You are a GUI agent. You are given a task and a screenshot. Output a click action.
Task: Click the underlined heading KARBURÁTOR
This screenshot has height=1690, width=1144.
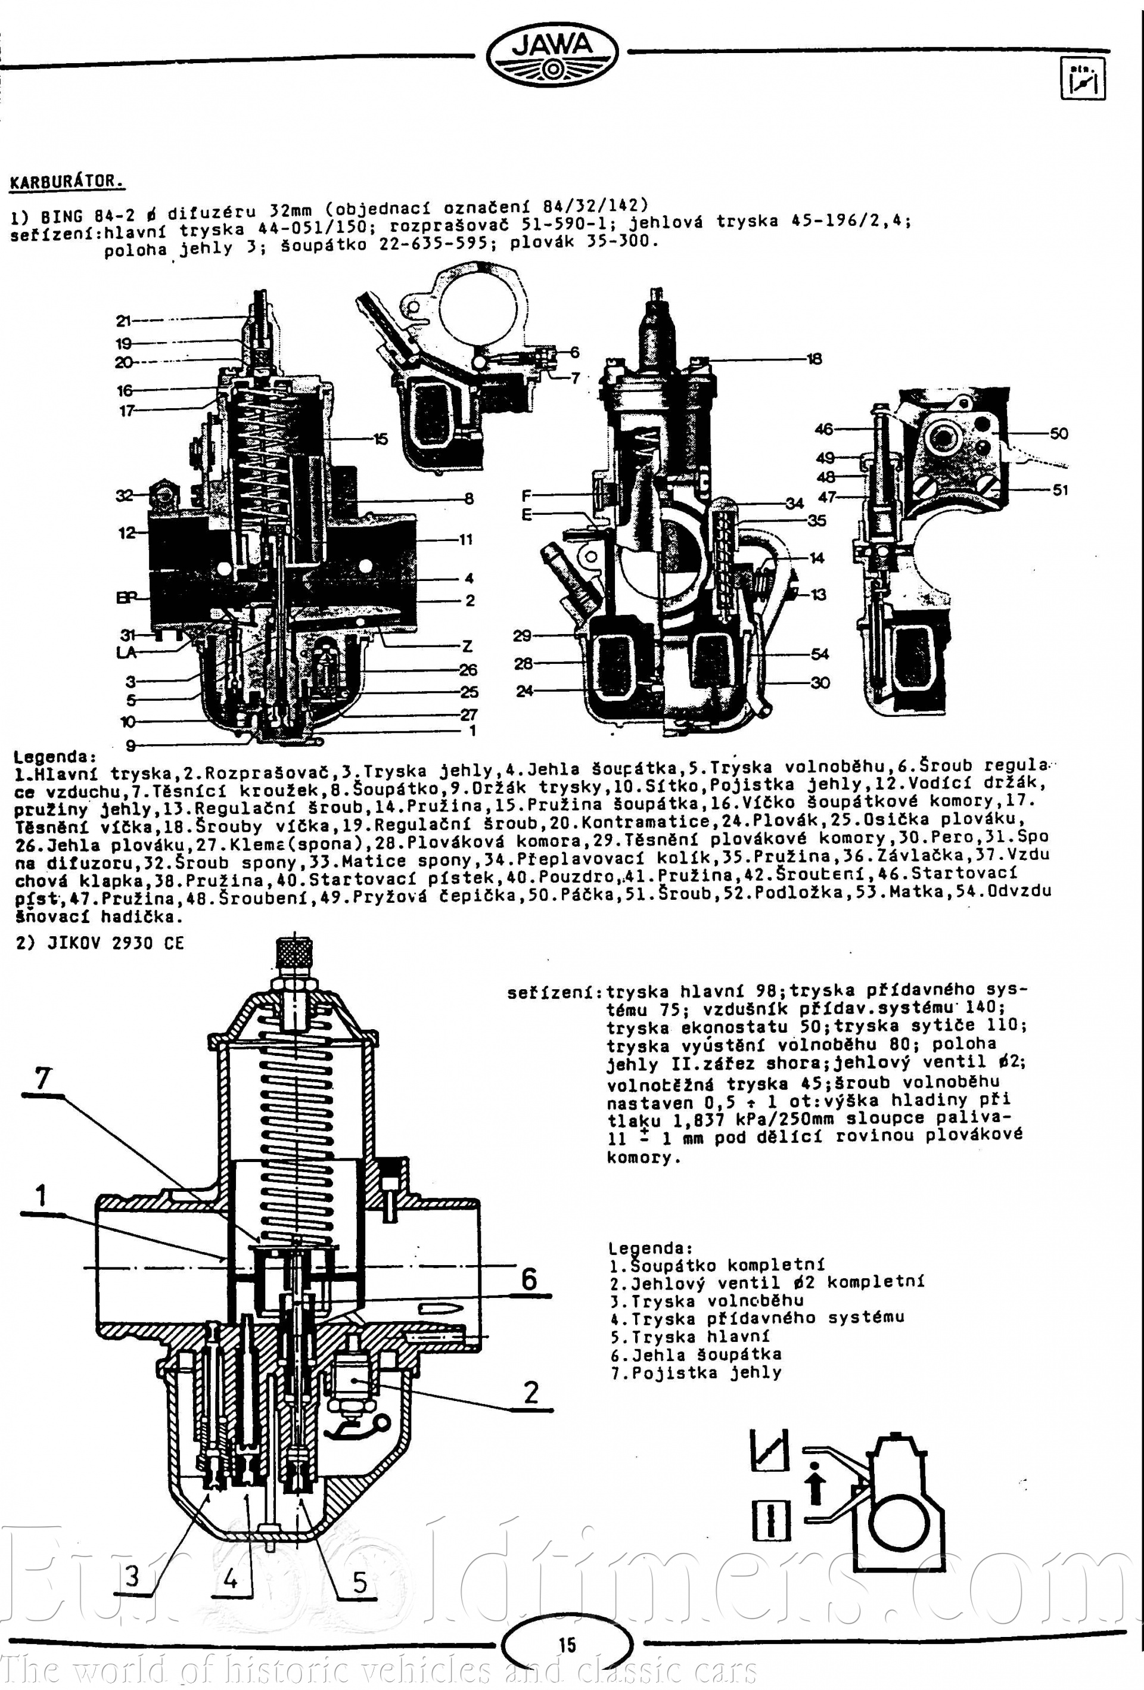pos(66,182)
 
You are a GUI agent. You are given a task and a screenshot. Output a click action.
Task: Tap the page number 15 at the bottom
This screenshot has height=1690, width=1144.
pos(567,1645)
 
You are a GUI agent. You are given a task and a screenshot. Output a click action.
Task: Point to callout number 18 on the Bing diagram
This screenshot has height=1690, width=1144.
pos(814,359)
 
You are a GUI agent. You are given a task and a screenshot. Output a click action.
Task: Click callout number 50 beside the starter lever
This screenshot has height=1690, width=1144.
pos(1058,433)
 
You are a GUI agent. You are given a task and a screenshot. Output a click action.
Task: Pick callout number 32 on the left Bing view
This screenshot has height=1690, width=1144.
pos(125,496)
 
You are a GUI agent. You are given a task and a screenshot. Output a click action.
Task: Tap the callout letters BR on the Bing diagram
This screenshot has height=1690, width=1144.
pos(126,598)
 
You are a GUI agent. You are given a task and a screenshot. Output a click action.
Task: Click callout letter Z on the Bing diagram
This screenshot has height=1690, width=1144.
pos(467,646)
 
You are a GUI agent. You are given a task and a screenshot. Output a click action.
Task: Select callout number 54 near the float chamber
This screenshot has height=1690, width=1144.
pos(820,654)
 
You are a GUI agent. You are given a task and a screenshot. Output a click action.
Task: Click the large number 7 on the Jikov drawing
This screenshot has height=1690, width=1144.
pos(43,1079)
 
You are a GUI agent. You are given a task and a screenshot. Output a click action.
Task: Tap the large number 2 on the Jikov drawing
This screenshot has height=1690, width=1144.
pos(531,1392)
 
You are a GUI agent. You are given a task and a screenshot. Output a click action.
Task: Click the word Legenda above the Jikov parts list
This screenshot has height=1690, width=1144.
pos(649,1248)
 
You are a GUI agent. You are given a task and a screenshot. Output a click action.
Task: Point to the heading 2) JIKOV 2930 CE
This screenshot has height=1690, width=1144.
pos(100,943)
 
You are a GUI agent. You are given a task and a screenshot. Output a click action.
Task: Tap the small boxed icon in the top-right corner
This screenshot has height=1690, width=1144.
pos(1083,79)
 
